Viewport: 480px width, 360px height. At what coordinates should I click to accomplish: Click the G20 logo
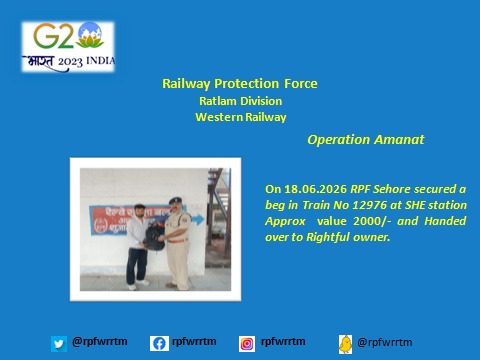coord(68,47)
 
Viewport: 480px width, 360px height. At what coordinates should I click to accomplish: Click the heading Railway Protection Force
coord(240,84)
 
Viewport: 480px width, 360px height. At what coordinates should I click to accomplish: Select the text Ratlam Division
coord(241,101)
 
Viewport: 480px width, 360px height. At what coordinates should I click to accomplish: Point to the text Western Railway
coord(241,117)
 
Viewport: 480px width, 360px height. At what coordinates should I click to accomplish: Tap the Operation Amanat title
coord(366,140)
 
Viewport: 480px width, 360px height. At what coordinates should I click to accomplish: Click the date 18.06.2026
coord(315,189)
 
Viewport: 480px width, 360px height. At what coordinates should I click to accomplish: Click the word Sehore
coord(392,189)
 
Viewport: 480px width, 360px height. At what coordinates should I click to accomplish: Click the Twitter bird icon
coord(59,344)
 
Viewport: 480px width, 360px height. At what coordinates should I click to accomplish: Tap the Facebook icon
coord(159,343)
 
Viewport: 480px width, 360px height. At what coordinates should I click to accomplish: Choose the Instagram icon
coord(247,344)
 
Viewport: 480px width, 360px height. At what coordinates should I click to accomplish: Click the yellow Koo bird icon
coord(346,344)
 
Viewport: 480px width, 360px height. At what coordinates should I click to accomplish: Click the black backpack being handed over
coord(154,237)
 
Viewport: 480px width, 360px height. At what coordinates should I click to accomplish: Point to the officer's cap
coord(175,201)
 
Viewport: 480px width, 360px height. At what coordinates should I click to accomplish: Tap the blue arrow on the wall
coord(198,220)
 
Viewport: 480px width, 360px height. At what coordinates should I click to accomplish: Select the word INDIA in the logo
coord(101,61)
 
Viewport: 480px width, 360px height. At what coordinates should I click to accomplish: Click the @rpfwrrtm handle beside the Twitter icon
coord(100,342)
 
